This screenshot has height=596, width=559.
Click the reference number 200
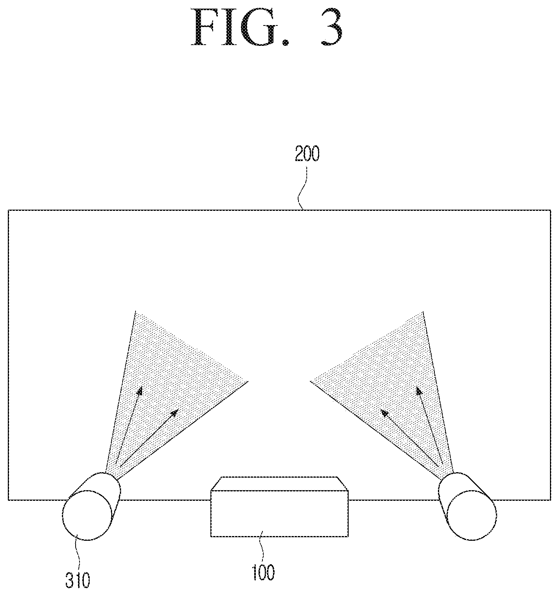pos(307,155)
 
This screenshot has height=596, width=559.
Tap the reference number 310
pos(78,581)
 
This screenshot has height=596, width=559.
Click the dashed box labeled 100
pos(279,507)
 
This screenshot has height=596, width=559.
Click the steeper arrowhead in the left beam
pos(139,391)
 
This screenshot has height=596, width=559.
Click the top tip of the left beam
pos(136,311)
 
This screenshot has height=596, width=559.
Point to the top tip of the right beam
pos(423,311)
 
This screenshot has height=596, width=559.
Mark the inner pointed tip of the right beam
pos(311,381)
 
